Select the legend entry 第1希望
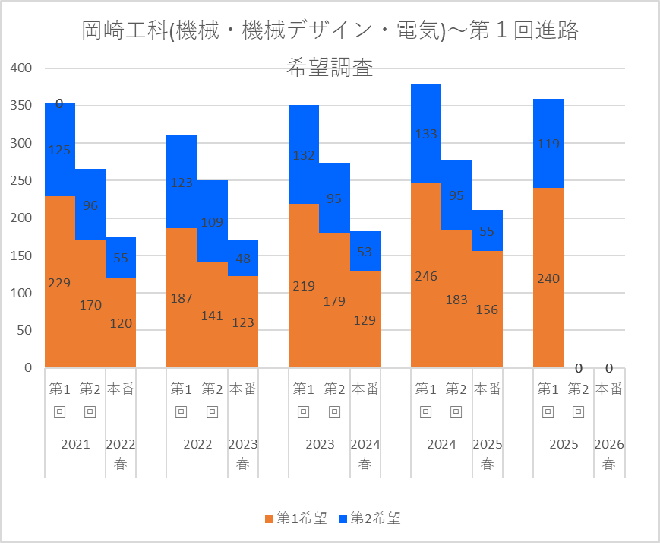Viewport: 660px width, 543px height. point(295,519)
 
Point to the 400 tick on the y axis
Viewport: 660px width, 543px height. point(21,68)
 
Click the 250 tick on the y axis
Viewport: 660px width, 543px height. point(21,181)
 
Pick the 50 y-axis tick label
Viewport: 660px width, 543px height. point(24,331)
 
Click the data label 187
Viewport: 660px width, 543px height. point(182,298)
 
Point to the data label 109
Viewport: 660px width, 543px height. point(212,223)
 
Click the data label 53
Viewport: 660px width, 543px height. point(365,252)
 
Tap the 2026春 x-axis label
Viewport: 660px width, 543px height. point(609,454)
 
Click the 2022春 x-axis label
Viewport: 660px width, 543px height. point(121,454)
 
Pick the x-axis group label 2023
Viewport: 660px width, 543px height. point(319,445)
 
